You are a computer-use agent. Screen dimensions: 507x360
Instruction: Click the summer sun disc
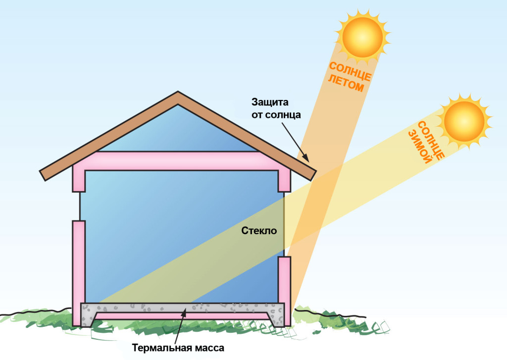click(362, 37)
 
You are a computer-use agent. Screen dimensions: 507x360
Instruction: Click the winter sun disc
click(464, 121)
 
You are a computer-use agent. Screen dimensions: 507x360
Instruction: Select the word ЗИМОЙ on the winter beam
click(420, 147)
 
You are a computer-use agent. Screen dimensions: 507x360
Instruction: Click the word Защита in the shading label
click(270, 102)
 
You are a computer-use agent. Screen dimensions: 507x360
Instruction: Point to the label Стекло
click(259, 231)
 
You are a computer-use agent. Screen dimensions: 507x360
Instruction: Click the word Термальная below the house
click(162, 348)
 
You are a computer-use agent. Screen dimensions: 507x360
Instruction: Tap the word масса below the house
click(209, 349)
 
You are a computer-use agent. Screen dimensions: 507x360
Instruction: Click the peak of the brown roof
click(178, 92)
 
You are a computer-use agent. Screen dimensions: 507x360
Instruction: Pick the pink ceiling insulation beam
click(181, 161)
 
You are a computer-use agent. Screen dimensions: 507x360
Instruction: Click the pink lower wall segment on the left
click(79, 273)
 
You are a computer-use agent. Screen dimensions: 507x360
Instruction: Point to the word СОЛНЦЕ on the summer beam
click(350, 71)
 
